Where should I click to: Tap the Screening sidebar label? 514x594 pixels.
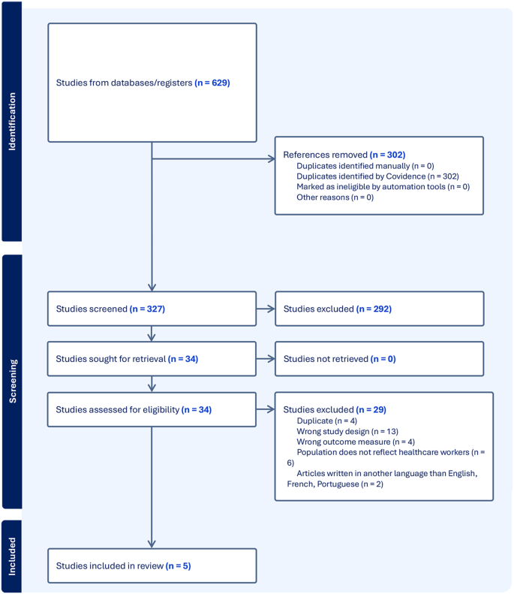point(11,381)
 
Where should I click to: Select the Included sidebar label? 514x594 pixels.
point(11,556)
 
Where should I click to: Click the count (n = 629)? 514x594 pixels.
point(212,82)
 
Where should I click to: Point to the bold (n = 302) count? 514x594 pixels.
point(387,154)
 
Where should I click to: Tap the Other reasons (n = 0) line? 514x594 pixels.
point(335,197)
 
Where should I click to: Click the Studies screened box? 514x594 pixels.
point(152,309)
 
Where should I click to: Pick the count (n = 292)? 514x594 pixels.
point(374,309)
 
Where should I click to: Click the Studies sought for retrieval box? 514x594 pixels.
point(152,359)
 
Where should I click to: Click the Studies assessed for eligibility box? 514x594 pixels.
point(152,409)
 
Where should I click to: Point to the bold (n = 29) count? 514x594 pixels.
point(371,409)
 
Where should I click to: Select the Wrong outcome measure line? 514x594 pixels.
point(345,442)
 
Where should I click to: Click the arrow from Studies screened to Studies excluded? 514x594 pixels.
point(266,309)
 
